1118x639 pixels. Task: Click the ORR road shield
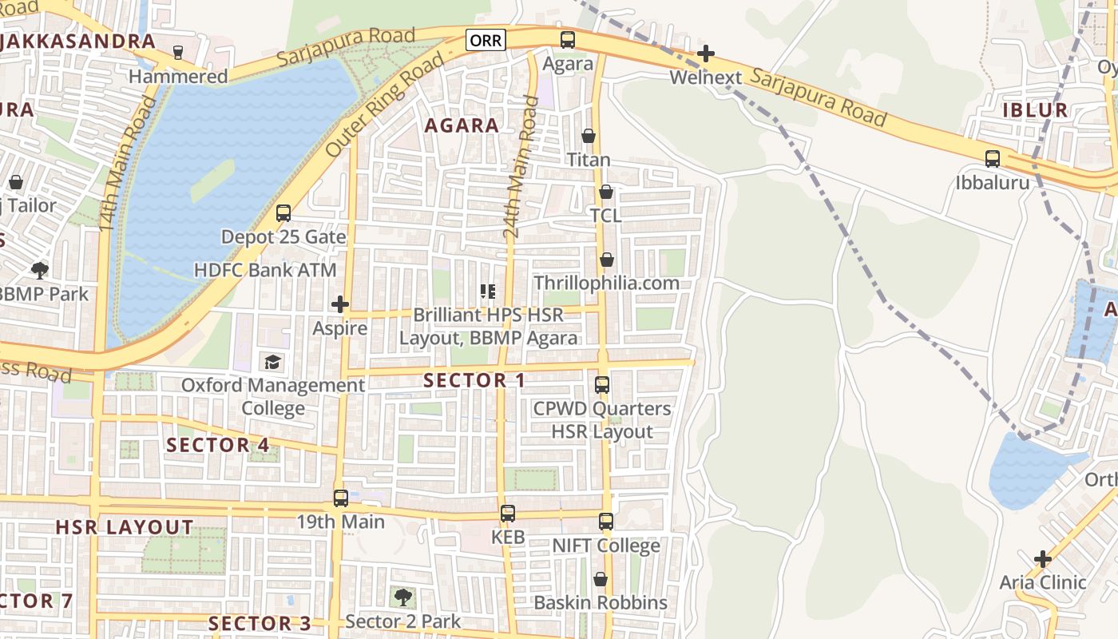486,40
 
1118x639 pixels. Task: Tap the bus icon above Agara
567,39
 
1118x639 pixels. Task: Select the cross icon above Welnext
705,54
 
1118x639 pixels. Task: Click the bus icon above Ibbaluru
992,158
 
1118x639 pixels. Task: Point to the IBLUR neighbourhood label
1035,110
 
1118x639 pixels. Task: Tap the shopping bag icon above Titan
589,136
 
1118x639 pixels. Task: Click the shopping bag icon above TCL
606,192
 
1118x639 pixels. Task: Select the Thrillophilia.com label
606,283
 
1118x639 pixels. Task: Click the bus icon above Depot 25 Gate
283,212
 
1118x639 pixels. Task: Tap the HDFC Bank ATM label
265,270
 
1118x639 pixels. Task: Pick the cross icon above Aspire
340,304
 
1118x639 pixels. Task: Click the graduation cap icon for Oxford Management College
273,362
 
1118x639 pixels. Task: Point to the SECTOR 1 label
474,380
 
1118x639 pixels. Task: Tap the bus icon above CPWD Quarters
602,384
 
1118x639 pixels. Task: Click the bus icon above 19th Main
341,498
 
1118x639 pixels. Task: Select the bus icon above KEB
508,513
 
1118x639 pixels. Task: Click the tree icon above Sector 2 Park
403,597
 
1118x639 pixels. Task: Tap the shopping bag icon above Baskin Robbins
601,578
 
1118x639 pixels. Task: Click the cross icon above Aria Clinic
1043,558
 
